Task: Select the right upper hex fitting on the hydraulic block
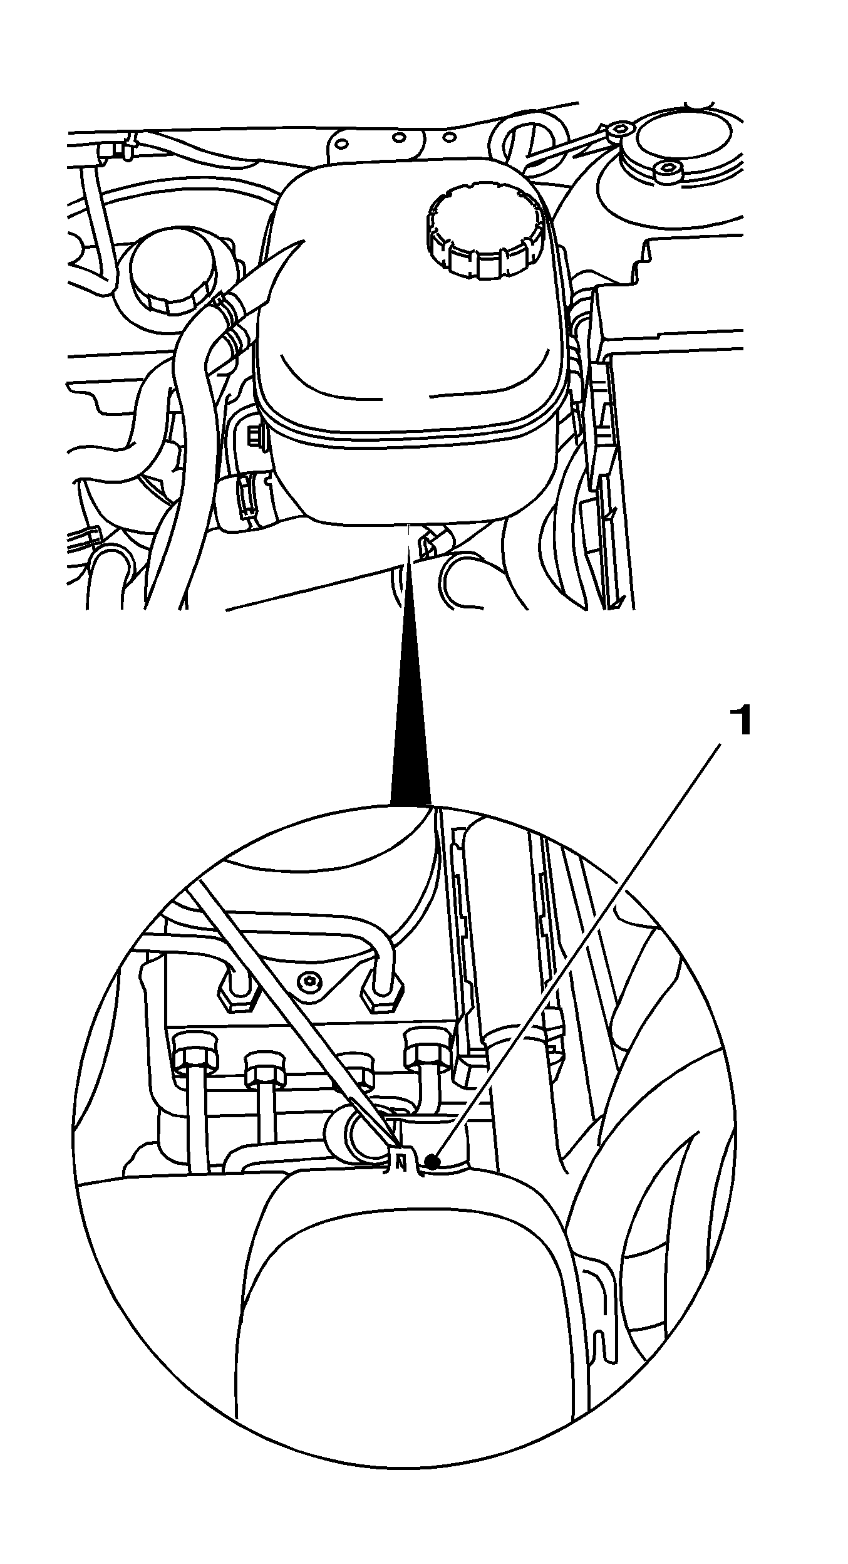click(381, 994)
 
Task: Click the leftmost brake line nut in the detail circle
click(196, 1055)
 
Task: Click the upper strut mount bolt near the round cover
click(619, 130)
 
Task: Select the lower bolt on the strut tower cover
click(667, 169)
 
